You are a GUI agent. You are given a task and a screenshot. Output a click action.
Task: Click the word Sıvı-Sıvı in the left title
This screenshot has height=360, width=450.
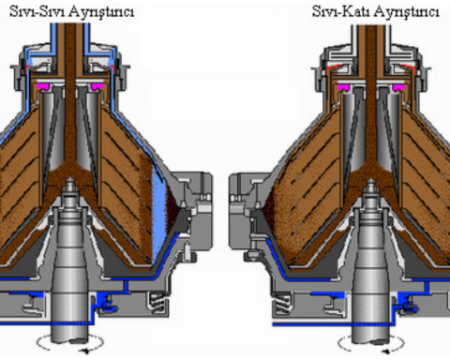click(x=37, y=11)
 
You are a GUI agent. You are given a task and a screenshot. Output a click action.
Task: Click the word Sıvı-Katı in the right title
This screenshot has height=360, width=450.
click(x=341, y=11)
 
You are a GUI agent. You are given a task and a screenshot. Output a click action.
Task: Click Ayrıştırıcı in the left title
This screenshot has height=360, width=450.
click(x=101, y=12)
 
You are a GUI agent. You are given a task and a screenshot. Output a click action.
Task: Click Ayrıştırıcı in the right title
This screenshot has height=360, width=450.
click(x=406, y=12)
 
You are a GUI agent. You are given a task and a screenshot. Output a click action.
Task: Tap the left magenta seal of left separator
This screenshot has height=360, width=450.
click(x=43, y=86)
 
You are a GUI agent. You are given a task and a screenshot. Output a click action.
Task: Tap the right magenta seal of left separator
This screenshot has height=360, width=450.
click(x=97, y=86)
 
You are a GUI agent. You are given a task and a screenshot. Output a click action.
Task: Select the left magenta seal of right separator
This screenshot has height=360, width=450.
click(x=345, y=87)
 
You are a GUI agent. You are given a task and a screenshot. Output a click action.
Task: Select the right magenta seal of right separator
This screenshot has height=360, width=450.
click(x=398, y=87)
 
